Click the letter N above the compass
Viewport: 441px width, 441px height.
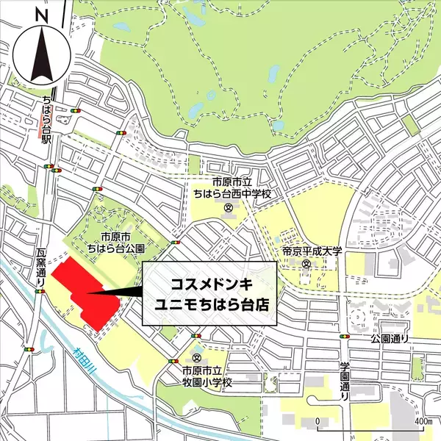coord(41,15)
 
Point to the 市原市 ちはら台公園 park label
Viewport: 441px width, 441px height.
coord(115,243)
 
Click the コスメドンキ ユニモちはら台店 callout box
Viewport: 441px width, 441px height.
coord(209,293)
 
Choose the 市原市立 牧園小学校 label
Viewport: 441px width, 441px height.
coord(209,378)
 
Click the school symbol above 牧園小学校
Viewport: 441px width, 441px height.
coord(197,356)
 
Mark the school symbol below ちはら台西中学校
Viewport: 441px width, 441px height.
coord(229,209)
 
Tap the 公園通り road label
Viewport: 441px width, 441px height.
coord(388,340)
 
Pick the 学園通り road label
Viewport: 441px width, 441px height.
coord(344,381)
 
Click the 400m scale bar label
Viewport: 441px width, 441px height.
coord(422,422)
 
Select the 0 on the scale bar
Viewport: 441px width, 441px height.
coord(317,422)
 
